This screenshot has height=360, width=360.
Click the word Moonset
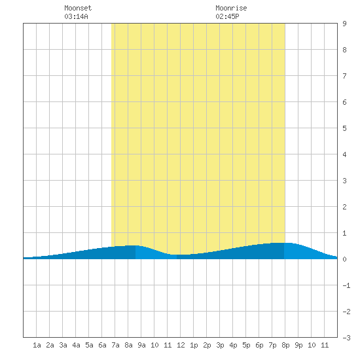point(78,8)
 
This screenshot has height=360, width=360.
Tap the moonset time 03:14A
point(76,16)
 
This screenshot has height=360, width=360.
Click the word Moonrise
point(231,8)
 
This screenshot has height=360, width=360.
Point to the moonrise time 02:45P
point(227,16)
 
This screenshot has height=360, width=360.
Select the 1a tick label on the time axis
point(37,345)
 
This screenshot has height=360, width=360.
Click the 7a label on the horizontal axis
point(115,345)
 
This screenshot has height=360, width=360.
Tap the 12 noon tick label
point(181,345)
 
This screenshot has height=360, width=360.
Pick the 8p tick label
point(285,345)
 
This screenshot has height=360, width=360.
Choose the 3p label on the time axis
point(220,345)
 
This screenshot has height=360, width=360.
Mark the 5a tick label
point(89,345)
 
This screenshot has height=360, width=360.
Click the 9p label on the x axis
point(298,345)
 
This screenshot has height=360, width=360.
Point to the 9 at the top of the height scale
point(344,24)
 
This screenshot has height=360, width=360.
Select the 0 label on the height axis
point(344,259)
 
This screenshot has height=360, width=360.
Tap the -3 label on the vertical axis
point(346,338)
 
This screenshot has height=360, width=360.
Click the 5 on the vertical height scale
point(344,128)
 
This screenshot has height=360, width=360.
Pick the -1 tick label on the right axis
point(346,285)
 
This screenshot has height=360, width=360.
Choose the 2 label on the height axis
point(344,207)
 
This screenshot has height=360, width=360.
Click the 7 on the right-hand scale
point(344,76)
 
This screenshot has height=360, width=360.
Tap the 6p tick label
point(259,345)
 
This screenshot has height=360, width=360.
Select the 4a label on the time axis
point(76,345)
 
